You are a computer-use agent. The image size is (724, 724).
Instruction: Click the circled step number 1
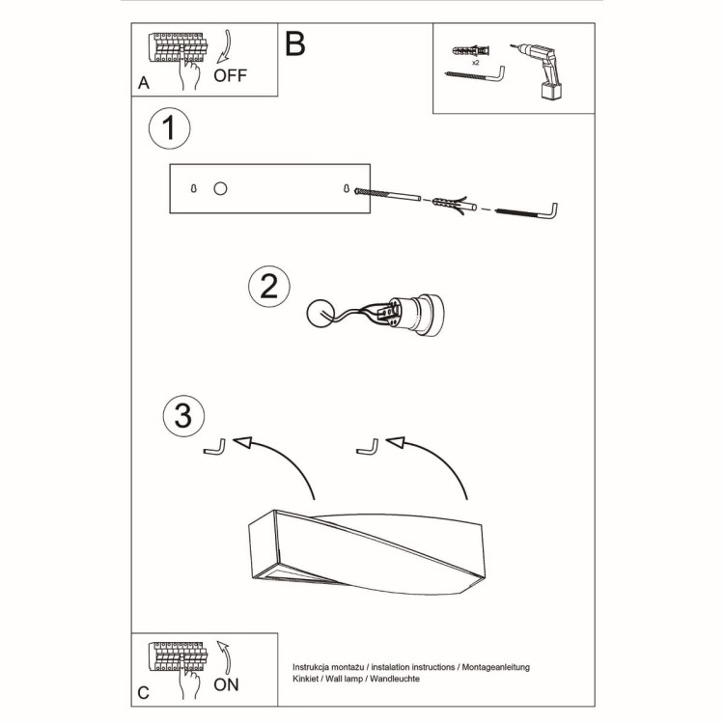[170, 129]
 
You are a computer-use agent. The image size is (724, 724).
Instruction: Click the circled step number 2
[269, 286]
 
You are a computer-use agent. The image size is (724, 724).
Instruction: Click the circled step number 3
[183, 416]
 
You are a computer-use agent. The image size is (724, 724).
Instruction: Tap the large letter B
[295, 44]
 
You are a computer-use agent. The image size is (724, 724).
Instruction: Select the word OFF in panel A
[230, 75]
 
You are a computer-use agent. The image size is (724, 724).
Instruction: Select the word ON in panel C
[225, 684]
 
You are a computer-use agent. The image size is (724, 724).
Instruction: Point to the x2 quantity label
[477, 61]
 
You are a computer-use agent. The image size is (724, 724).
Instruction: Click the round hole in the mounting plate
[220, 188]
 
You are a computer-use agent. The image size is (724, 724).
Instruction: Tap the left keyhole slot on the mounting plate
[194, 188]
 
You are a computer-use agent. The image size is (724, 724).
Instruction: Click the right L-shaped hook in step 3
[367, 446]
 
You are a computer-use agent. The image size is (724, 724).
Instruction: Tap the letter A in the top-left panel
[144, 83]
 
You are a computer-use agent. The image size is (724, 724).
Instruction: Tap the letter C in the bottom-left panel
[144, 692]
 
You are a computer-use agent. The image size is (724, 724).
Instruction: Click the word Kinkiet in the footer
[309, 681]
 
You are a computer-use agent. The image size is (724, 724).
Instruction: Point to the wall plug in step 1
[454, 204]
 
